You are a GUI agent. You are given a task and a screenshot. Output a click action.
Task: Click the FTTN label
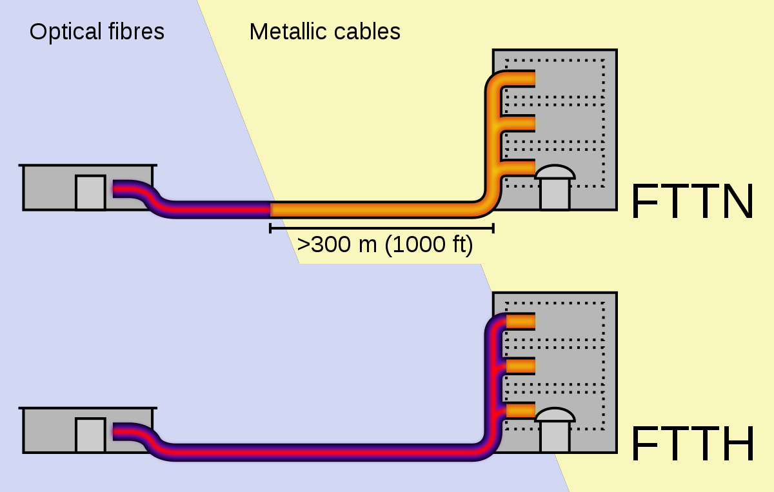691,202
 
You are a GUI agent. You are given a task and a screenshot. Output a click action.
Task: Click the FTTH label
691,444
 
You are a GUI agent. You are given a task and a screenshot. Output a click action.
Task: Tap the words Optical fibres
97,32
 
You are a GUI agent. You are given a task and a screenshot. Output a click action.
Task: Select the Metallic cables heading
325,32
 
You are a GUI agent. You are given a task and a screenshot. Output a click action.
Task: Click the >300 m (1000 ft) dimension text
385,245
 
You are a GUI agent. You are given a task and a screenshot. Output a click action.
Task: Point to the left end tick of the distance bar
270,228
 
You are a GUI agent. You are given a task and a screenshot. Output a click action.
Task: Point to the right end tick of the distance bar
493,228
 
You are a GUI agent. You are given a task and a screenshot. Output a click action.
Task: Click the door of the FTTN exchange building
90,193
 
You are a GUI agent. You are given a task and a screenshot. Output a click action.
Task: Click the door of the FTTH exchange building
90,435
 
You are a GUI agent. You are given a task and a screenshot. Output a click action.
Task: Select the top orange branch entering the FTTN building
519,79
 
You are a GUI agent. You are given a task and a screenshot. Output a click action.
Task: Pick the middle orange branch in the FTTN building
519,123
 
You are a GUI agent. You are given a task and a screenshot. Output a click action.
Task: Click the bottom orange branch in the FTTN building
519,168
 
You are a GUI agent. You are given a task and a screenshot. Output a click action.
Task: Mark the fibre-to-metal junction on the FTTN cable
270,210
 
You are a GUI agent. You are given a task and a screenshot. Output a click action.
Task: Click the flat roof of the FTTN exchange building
88,165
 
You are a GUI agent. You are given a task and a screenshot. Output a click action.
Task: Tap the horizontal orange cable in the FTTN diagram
374,210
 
